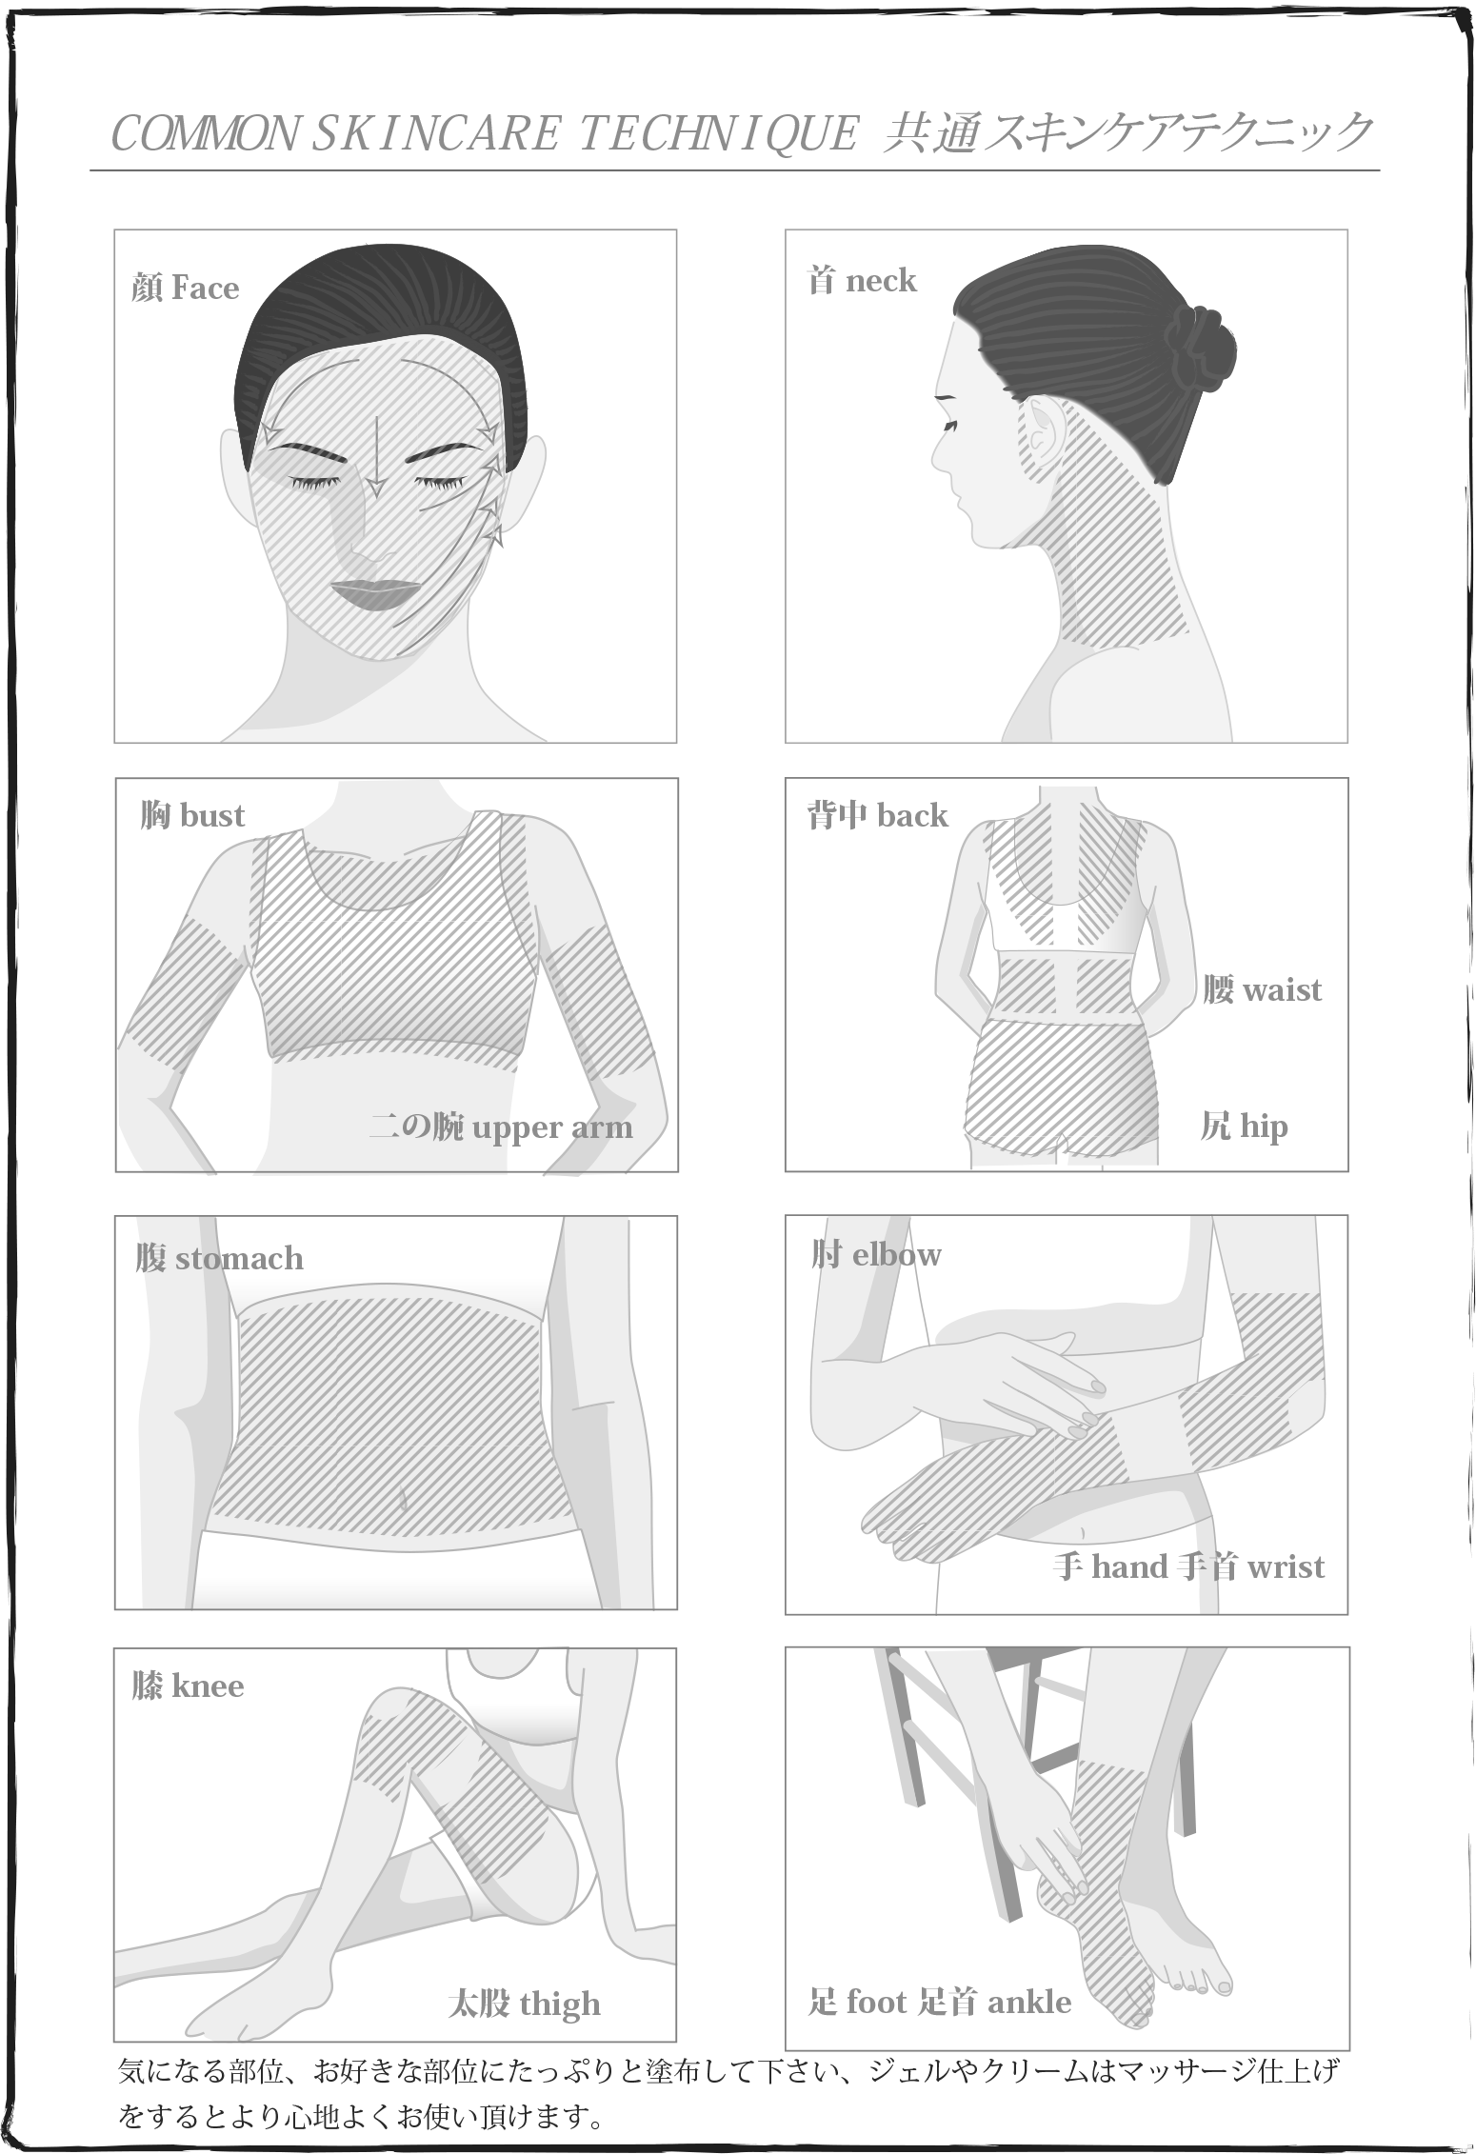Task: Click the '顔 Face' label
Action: (186, 288)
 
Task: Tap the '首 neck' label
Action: (861, 280)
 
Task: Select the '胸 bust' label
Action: (192, 815)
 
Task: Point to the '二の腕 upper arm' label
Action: (501, 1127)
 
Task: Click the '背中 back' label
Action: (877, 815)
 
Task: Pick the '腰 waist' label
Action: (1262, 989)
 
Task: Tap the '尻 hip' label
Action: (1244, 1127)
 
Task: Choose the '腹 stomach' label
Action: (219, 1258)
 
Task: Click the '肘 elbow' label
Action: (876, 1254)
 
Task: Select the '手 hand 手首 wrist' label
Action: (1189, 1566)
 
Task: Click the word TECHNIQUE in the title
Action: (719, 133)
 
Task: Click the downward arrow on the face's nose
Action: (376, 457)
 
